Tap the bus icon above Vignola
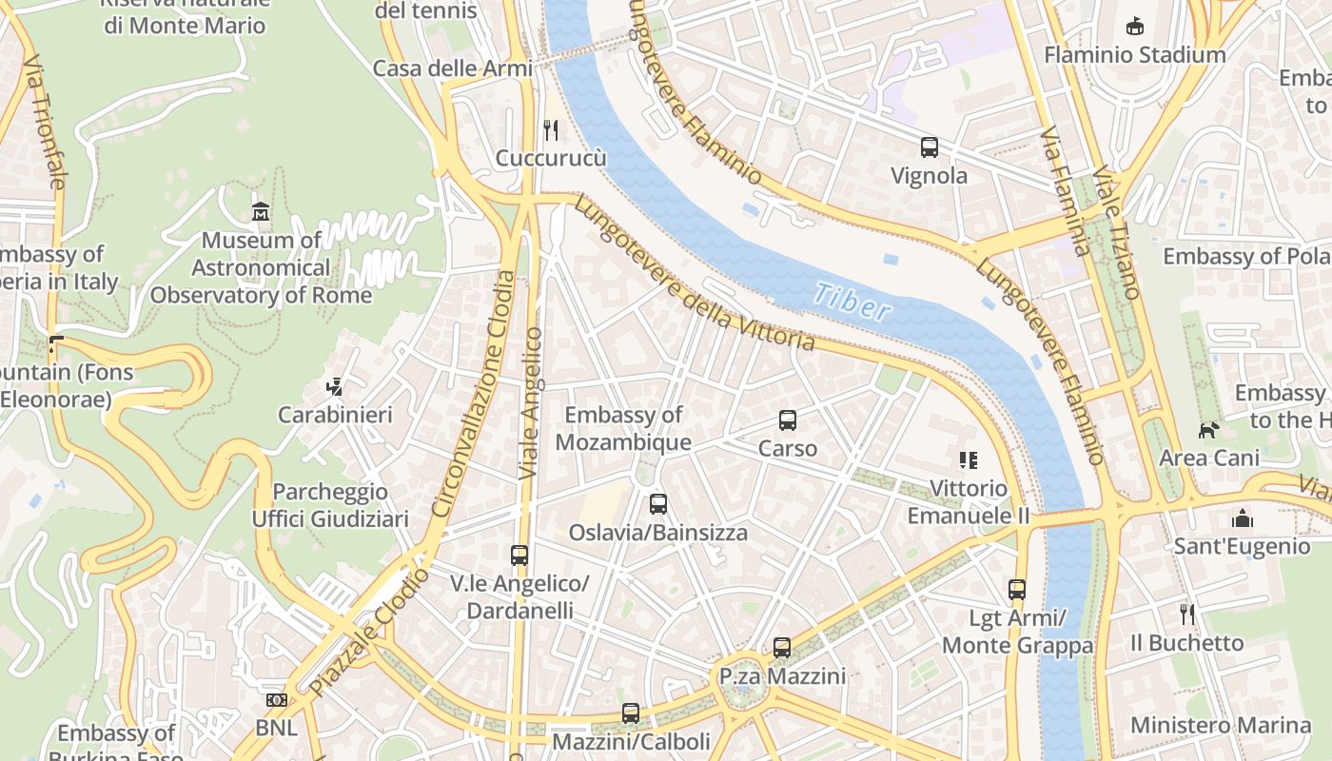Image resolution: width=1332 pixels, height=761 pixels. coord(930,147)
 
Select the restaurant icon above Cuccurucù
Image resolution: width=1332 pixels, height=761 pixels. coord(551,129)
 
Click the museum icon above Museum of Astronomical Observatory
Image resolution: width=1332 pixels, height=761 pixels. coord(260,211)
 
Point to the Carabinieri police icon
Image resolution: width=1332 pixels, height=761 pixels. coord(334,387)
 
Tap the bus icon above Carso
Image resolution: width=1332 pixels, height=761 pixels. coord(788,420)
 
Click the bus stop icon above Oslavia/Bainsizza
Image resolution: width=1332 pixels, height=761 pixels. coord(658,504)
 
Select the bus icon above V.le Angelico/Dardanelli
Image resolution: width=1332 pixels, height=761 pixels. coord(519,555)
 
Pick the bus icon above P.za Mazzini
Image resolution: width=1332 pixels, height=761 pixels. coord(782,648)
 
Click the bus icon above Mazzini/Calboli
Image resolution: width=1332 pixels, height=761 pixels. coord(631,712)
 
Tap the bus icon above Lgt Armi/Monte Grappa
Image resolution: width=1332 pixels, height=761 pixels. coord(1017,590)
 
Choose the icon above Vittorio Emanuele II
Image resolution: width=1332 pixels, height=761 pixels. coord(969,460)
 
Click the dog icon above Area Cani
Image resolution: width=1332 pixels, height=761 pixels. coord(1208,430)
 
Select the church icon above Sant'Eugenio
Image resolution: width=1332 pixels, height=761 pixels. coord(1242,518)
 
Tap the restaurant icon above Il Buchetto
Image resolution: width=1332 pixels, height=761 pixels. coord(1186,615)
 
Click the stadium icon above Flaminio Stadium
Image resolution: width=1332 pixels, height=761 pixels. coord(1134,27)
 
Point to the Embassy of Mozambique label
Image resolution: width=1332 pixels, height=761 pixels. coord(623,429)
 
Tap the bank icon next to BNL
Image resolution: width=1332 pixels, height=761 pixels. coord(276,701)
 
